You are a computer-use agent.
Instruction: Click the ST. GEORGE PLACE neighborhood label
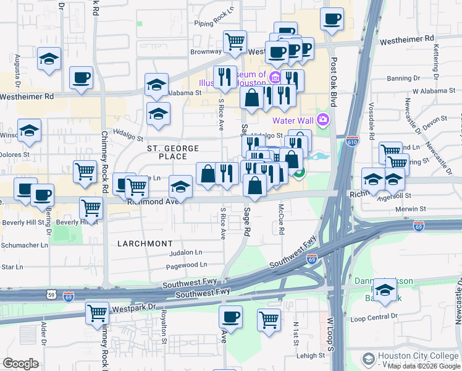click(x=173, y=153)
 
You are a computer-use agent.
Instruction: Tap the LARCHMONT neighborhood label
click(x=145, y=244)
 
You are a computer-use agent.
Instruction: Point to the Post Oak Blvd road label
click(x=334, y=80)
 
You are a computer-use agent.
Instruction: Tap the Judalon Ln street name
click(x=185, y=252)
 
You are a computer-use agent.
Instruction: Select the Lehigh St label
click(x=309, y=356)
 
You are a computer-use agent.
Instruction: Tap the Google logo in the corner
click(x=21, y=364)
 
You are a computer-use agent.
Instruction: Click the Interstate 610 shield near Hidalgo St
click(x=352, y=140)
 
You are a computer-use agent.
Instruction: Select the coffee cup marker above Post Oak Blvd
click(x=332, y=20)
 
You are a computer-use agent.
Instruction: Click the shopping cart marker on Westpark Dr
click(x=98, y=312)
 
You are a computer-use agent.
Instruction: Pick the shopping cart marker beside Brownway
click(x=235, y=42)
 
